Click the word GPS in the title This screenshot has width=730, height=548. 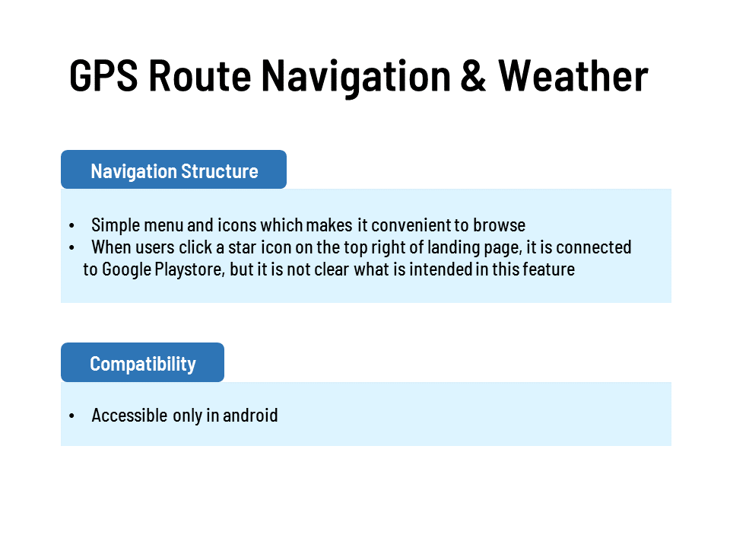tap(104, 75)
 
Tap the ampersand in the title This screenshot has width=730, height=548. tap(473, 75)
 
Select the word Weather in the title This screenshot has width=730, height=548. tap(573, 75)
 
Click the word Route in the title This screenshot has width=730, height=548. tap(200, 75)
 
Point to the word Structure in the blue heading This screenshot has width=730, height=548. tap(219, 171)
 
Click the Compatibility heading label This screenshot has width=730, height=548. tap(143, 364)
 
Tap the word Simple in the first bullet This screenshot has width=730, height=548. tap(116, 225)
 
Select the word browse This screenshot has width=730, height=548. tap(499, 225)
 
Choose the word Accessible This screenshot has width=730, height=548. tap(129, 416)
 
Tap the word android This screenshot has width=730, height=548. tap(250, 416)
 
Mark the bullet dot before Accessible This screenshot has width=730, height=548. tap(71, 416)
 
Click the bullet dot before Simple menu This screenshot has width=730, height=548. tap(71, 225)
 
